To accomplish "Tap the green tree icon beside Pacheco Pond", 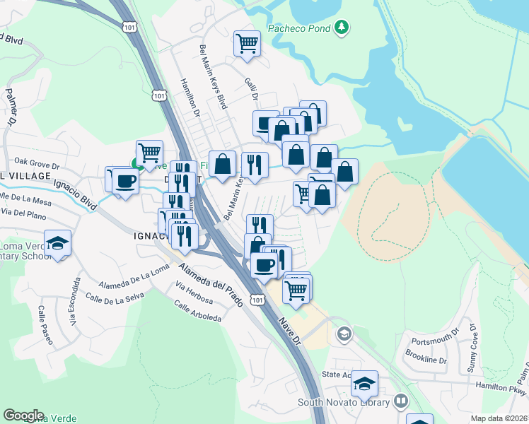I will point(342,27).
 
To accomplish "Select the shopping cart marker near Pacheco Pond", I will point(247,43).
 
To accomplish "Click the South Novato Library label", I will point(344,403).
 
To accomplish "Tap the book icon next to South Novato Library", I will point(401,401).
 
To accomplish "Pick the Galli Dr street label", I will point(252,90).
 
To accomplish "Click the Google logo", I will point(24,416).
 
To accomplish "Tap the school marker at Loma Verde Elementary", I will point(57,245).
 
